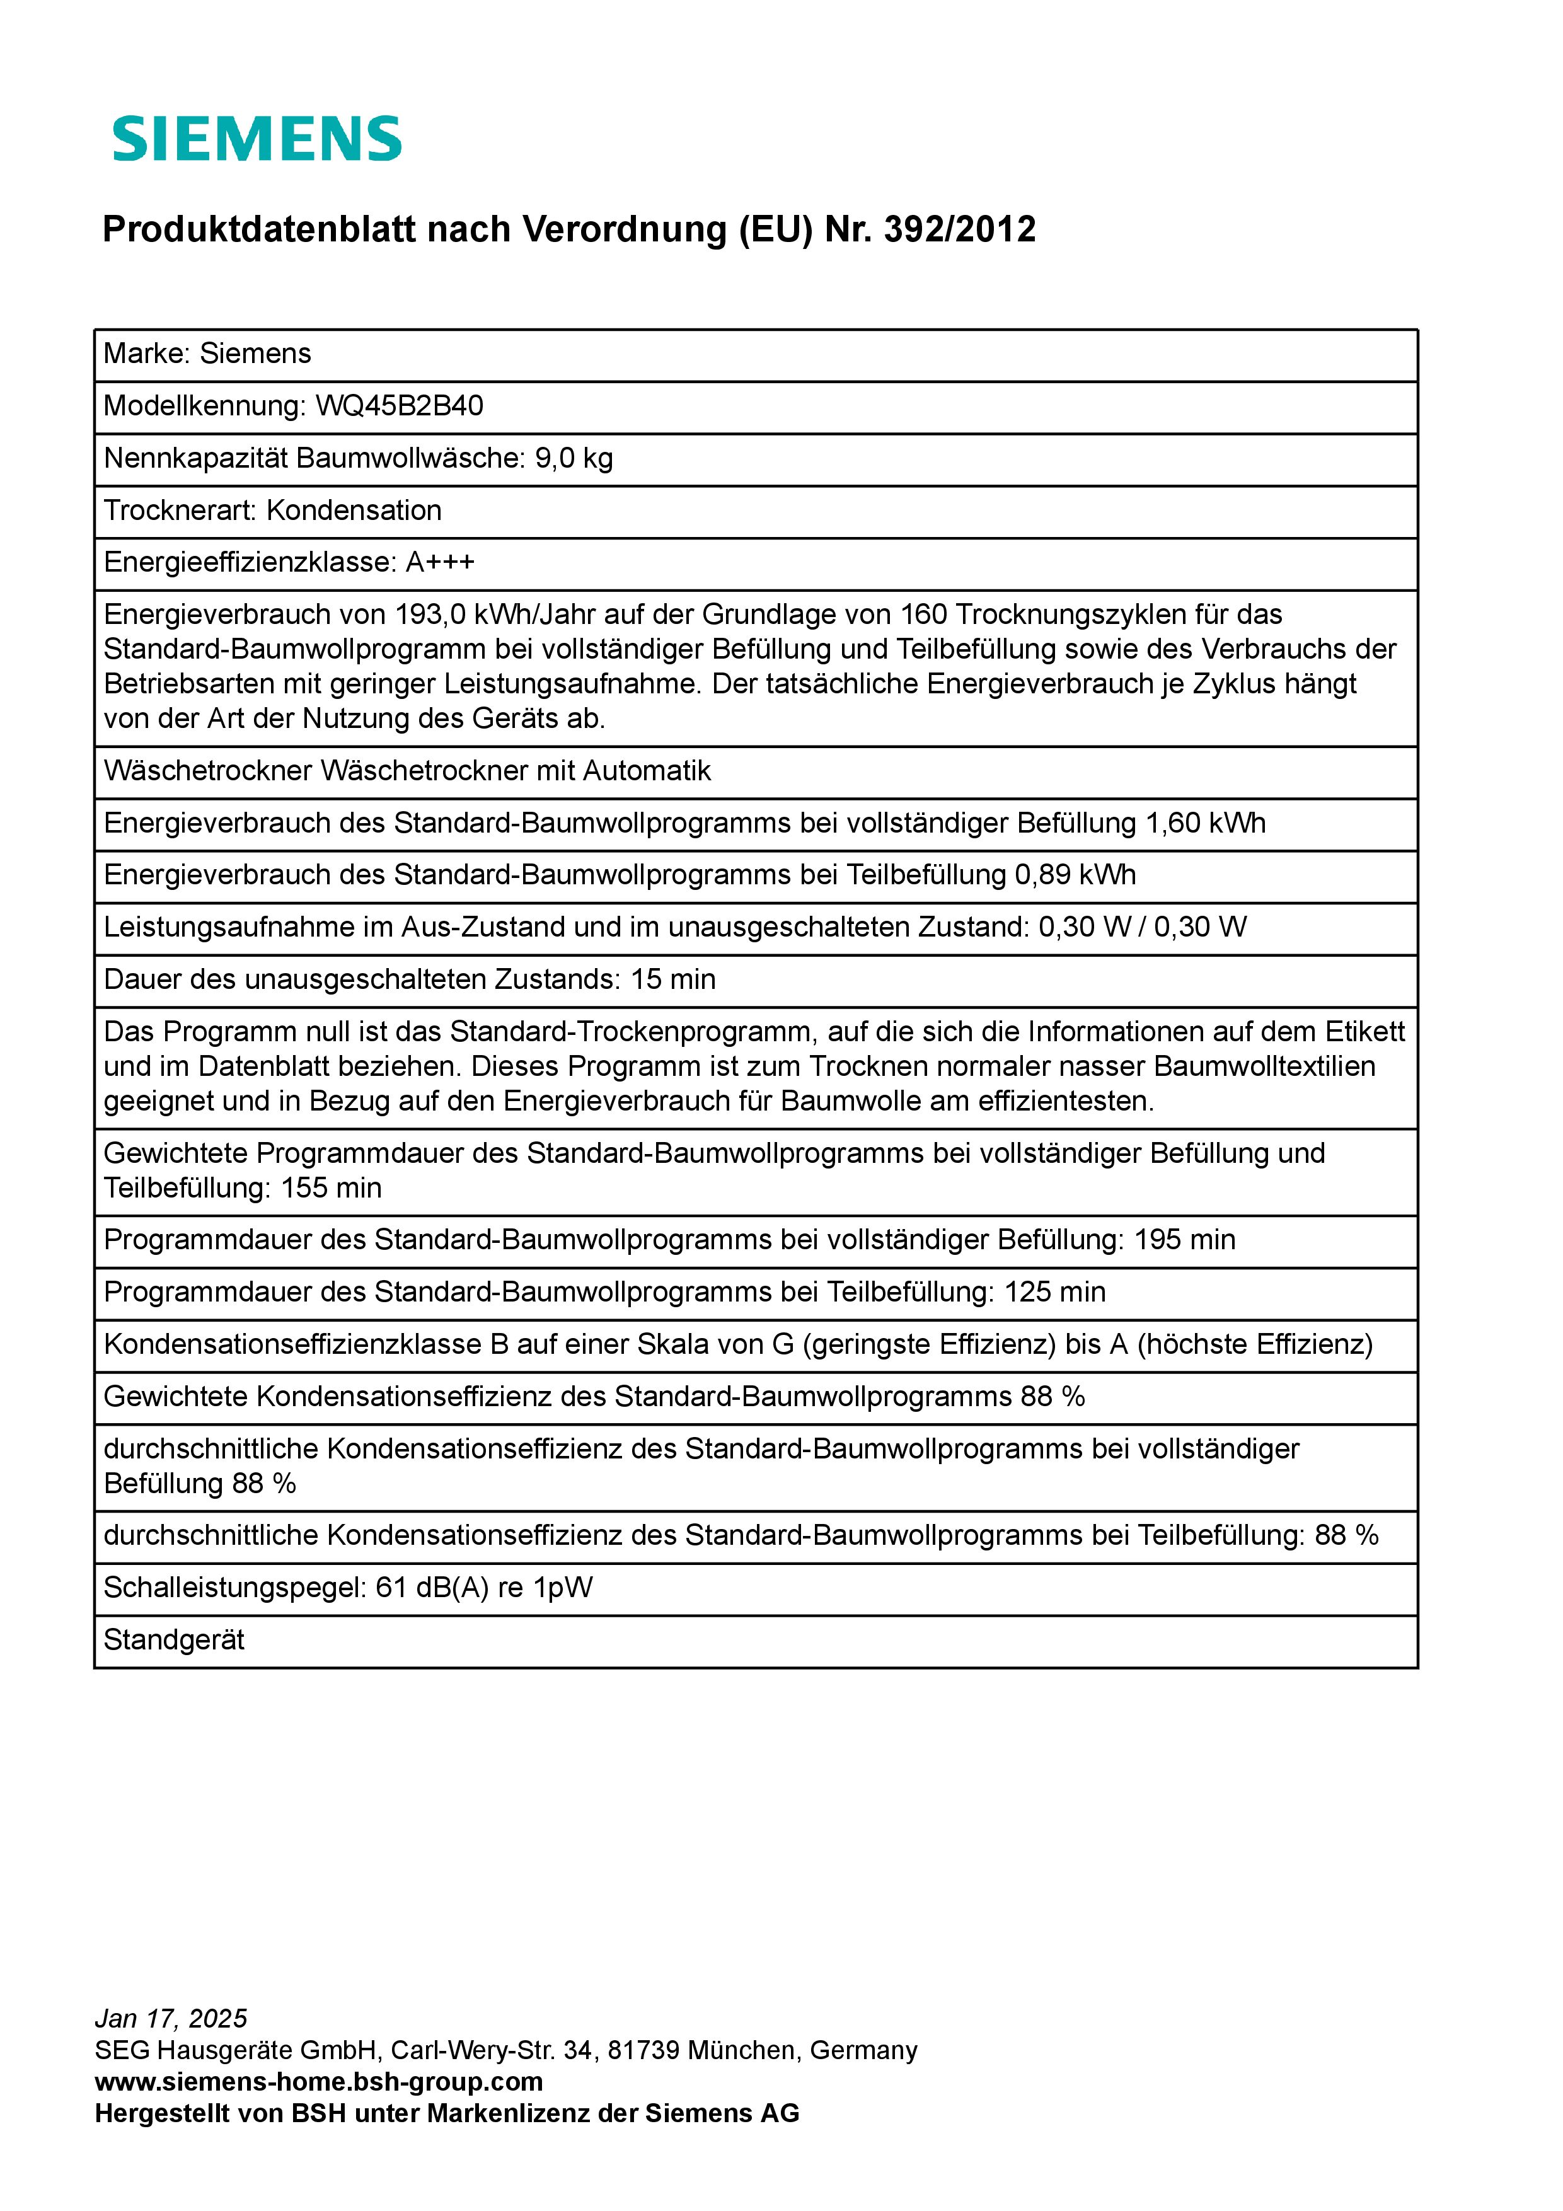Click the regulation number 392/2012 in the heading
click(x=959, y=229)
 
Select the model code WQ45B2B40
click(x=400, y=405)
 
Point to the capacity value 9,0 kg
click(x=574, y=458)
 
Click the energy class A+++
click(x=440, y=562)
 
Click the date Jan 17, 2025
click(x=170, y=2018)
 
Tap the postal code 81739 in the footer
click(x=644, y=2050)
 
